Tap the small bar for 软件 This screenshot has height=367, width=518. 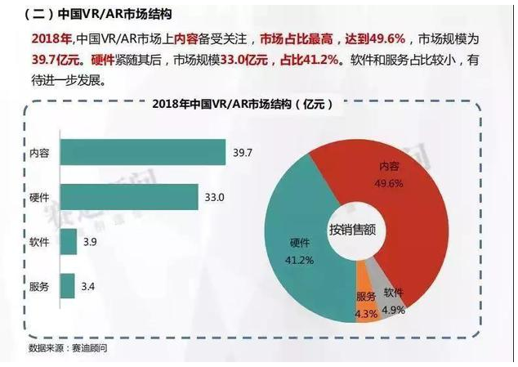click(x=68, y=242)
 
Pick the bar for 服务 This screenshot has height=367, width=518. click(x=67, y=286)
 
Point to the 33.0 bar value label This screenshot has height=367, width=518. click(x=213, y=197)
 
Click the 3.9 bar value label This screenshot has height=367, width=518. click(x=90, y=243)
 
